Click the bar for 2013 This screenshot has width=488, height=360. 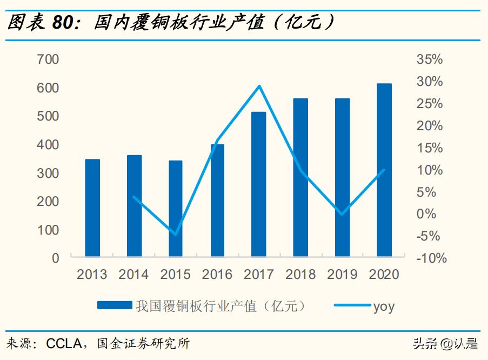[x=92, y=208]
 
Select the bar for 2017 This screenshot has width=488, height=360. [x=259, y=184]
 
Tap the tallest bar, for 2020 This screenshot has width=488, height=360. [x=384, y=170]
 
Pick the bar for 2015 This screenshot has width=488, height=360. [x=176, y=208]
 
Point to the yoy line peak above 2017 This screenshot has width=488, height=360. [x=259, y=86]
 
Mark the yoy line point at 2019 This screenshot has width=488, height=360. [x=342, y=214]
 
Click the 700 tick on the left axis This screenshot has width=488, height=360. [x=48, y=59]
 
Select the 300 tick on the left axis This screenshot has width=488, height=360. [x=48, y=174]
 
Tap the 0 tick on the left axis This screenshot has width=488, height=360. [x=55, y=258]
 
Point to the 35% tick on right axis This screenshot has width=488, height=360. [x=430, y=59]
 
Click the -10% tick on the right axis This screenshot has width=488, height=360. [x=431, y=258]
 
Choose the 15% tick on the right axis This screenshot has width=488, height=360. [x=430, y=148]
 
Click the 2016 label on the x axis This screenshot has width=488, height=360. [x=217, y=275]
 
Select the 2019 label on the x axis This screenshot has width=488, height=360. [x=343, y=275]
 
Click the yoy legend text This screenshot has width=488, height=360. [x=384, y=306]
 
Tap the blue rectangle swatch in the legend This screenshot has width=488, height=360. [x=114, y=306]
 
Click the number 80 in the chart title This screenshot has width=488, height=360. [x=64, y=23]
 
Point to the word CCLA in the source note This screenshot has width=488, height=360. [x=63, y=344]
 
